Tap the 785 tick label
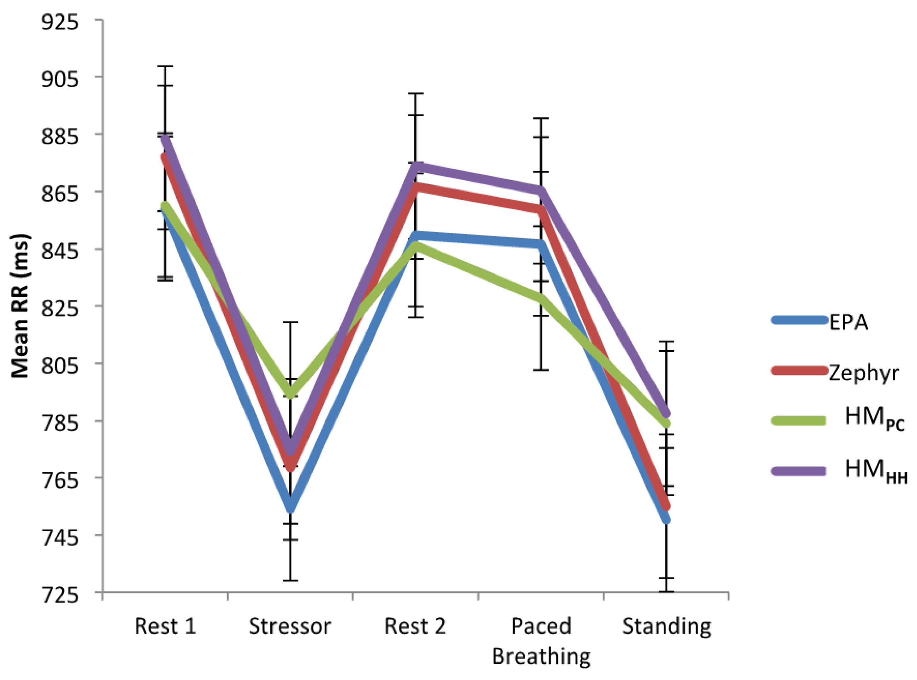pyautogui.click(x=60, y=422)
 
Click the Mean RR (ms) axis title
pyautogui.click(x=20, y=306)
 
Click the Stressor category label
pyautogui.click(x=290, y=626)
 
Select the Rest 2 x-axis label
pyautogui.click(x=415, y=626)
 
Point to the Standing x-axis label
pyautogui.click(x=666, y=626)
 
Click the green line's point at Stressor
pyautogui.click(x=290, y=392)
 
